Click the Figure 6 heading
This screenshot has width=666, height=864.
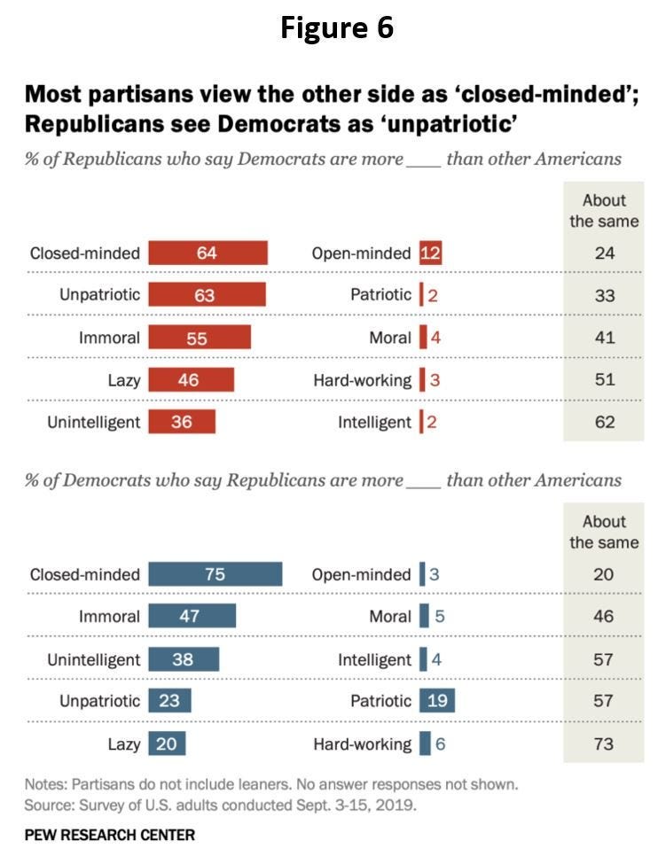337,27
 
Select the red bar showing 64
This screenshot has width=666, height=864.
208,253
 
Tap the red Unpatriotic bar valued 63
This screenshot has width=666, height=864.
207,295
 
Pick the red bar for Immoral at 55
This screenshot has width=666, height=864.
200,338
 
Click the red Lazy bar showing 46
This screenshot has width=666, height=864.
191,380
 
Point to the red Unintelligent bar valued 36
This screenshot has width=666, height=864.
182,422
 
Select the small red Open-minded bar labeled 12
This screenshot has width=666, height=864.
430,253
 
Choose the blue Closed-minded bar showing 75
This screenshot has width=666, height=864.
215,574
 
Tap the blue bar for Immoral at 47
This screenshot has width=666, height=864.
192,616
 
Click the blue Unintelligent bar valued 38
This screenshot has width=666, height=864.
184,659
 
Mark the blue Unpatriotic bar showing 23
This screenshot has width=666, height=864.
169,701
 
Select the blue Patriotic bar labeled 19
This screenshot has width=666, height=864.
437,701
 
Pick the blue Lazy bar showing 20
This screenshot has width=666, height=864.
167,743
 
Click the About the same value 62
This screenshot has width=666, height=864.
604,422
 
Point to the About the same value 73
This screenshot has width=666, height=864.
603,743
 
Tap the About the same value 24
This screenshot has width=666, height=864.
604,253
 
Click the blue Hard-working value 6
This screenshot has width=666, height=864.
440,743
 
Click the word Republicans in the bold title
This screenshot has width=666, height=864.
83,123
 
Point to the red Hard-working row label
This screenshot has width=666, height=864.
362,380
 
